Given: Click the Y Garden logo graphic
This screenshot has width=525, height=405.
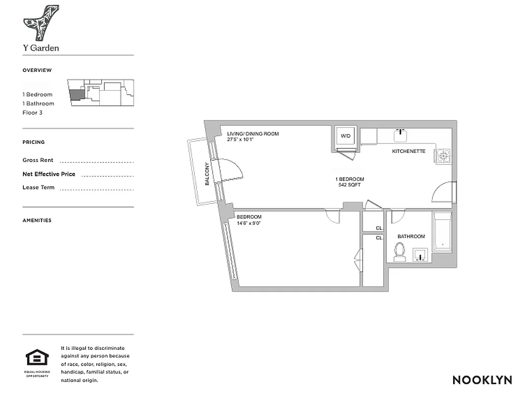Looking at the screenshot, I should pos(41,23).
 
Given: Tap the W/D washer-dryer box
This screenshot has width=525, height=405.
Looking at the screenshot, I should pos(345,136).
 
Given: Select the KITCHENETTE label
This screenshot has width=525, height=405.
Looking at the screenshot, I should pos(409,151).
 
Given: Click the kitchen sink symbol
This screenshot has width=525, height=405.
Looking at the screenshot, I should pos(401,135).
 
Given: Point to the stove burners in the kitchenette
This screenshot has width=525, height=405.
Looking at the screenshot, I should pos(442,155).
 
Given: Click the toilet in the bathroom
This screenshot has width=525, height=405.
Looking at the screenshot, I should pos(400,251).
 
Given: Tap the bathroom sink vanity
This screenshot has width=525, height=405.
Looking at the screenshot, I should pos(421,254).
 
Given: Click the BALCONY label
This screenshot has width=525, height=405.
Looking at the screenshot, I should pos(207,174).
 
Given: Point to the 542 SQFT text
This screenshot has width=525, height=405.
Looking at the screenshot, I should pos(349,185).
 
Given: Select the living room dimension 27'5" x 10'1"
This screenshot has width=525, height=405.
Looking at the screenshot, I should pos(247,140).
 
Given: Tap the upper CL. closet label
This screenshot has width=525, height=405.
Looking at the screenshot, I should pos(379,228).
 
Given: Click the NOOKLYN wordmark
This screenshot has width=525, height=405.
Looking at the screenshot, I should pos(482,380).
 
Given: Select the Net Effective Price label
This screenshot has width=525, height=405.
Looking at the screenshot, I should pos(49,174).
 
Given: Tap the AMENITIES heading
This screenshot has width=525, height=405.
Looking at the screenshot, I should pos(37,220).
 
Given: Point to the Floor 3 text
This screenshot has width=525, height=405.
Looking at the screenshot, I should pos(32,112).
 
